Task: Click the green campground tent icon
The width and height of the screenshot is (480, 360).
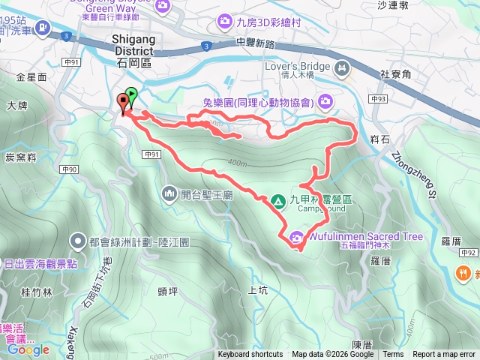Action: (x=277, y=201)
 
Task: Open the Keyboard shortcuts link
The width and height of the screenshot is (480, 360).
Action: (x=250, y=355)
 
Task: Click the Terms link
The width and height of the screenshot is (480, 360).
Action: (x=393, y=355)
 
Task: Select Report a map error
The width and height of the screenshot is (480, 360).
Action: (x=445, y=355)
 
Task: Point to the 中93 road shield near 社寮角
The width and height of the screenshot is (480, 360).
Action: (x=379, y=98)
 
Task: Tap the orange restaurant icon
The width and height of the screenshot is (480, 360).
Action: (x=466, y=273)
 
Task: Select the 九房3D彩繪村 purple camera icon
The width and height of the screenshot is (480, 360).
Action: (x=223, y=23)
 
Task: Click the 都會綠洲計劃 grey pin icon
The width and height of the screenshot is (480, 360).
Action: (x=77, y=241)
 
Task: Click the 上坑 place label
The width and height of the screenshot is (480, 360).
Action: (x=256, y=290)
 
